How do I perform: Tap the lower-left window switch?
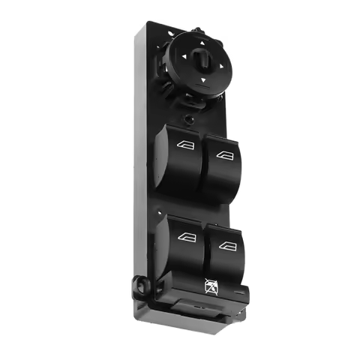[180, 247]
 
